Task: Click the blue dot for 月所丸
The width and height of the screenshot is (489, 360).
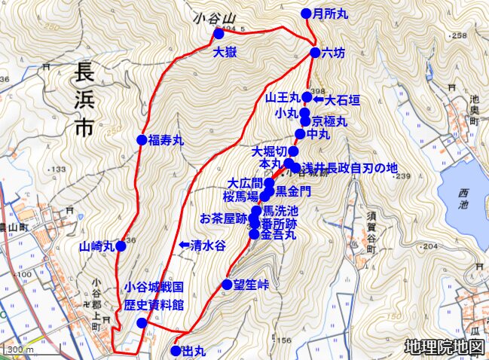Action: [x=306, y=13]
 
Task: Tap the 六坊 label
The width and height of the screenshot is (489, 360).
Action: [x=333, y=53]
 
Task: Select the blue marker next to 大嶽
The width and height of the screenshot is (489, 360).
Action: [x=219, y=34]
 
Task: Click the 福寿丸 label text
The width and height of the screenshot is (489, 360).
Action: [x=166, y=140]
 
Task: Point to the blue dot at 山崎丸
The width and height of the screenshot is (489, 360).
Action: [x=121, y=246]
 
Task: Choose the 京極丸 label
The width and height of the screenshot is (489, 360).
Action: [x=329, y=121]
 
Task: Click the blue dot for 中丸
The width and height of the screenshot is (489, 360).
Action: [x=300, y=134]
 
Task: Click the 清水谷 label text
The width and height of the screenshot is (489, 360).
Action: [x=209, y=246]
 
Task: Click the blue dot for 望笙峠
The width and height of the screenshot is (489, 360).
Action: [x=228, y=284]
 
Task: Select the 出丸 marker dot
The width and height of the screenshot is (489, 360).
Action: [x=176, y=350]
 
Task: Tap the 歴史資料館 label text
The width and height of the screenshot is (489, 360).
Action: [x=154, y=305]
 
